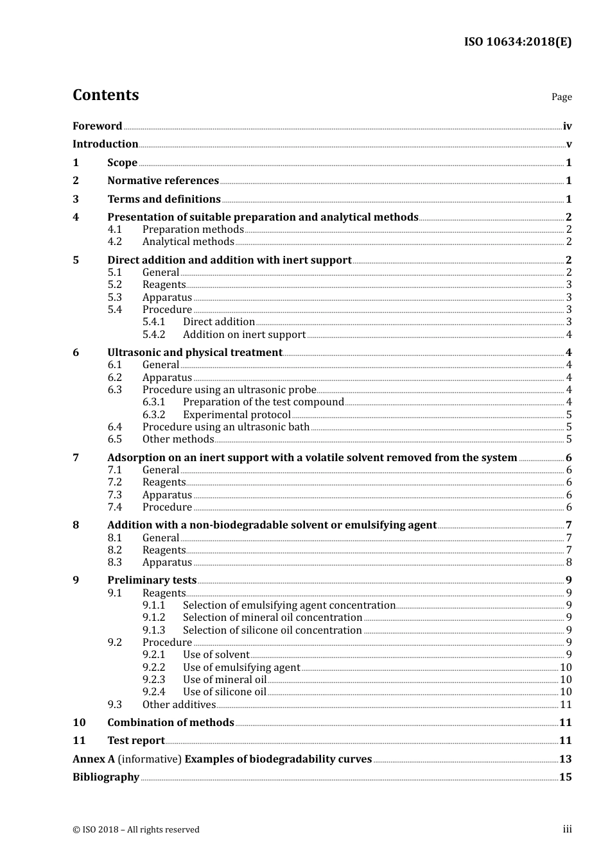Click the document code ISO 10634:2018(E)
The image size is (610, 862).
point(518,42)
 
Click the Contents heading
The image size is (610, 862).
point(105,95)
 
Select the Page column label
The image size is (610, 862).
point(561,97)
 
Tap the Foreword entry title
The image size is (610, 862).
point(97,126)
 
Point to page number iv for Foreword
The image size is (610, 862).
point(567,126)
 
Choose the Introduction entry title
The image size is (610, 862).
point(105,144)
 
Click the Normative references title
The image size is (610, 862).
point(163,180)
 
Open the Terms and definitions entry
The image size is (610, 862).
point(164,199)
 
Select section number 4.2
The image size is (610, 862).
point(114,242)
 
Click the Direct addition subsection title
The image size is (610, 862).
point(219,322)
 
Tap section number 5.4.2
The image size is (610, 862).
point(153,334)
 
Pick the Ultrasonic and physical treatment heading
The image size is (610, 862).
point(195,352)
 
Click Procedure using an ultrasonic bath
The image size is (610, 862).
point(226,427)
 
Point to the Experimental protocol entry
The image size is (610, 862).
point(237,415)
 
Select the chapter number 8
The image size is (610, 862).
point(76,525)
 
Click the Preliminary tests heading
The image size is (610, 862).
point(152,580)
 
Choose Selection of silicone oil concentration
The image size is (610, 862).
point(272,630)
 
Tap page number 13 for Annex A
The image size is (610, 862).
point(565,759)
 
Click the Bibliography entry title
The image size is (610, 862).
point(106,777)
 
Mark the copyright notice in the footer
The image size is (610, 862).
point(136,829)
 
